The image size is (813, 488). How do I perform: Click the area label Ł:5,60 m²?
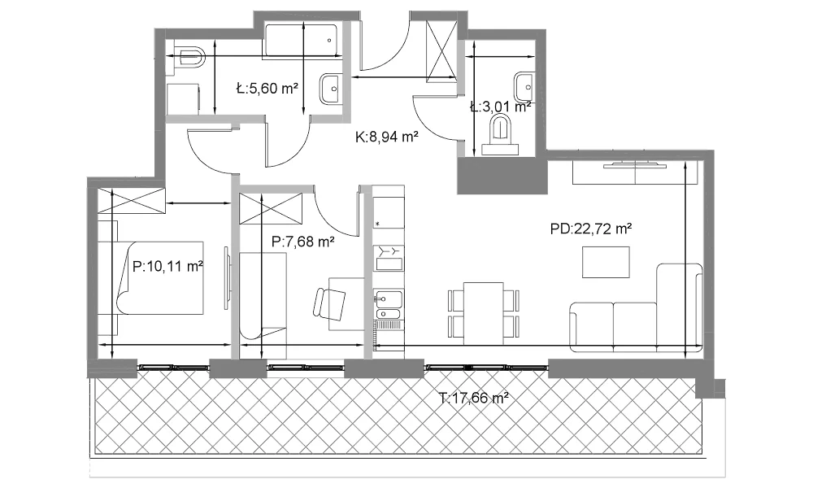267,88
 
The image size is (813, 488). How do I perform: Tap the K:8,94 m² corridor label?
387,137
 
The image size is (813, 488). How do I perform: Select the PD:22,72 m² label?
590,229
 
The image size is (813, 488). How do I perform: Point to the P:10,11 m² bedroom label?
167,267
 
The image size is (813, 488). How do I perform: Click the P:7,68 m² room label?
302,241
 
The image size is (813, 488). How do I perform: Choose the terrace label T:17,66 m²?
473,399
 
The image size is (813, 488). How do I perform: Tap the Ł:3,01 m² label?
500,107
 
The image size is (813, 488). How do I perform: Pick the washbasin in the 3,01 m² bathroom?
524,87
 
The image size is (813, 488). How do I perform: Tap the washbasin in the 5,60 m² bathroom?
330,89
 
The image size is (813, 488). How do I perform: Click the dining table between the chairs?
483,313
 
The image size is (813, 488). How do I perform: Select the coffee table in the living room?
606,263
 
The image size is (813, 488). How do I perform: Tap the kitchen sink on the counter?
388,305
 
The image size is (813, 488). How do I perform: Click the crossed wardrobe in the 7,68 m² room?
270,208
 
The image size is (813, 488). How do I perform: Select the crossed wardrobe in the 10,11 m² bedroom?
132,201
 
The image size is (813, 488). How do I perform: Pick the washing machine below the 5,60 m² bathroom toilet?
183,99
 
